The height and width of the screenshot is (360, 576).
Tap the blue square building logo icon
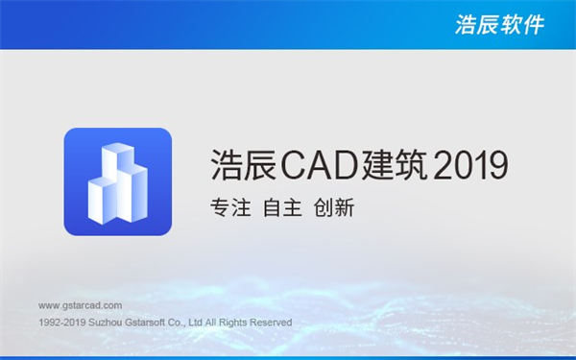click(118, 181)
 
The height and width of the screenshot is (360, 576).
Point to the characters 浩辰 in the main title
click(243, 165)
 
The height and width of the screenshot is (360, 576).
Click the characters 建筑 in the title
click(396, 165)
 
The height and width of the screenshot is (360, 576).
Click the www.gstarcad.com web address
click(81, 304)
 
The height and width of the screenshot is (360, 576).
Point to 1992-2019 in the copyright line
click(60, 323)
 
